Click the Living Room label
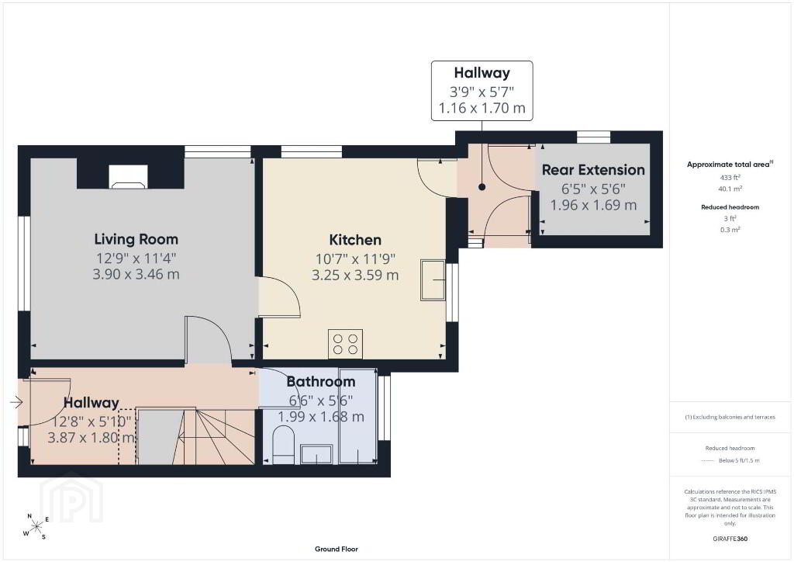click(x=136, y=239)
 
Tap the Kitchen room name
click(x=355, y=240)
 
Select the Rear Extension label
click(x=593, y=170)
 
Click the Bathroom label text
click(x=321, y=382)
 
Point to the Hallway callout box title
click(x=482, y=73)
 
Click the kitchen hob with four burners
click(x=345, y=344)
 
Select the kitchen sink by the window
click(x=433, y=280)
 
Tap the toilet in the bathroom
click(x=284, y=445)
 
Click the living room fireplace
click(x=129, y=177)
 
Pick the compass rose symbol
click(x=36, y=527)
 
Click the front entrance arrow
click(x=16, y=403)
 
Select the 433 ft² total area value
click(x=730, y=177)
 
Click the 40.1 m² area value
click(x=730, y=189)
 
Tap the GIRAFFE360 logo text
click(x=730, y=539)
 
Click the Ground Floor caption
click(x=337, y=549)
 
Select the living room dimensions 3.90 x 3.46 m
click(x=136, y=274)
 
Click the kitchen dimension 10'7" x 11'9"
click(x=355, y=259)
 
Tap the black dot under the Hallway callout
click(x=482, y=187)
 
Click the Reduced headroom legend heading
click(x=730, y=448)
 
